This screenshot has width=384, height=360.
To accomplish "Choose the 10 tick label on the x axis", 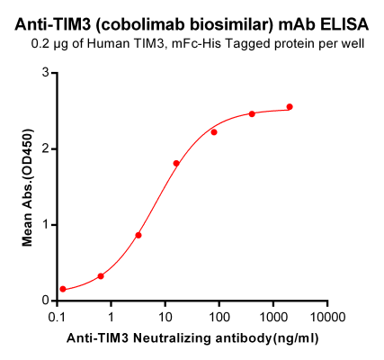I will (x=165, y=317).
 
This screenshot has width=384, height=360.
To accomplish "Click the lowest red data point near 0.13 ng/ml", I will (x=63, y=289).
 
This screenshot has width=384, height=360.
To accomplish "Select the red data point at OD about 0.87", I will (x=138, y=235).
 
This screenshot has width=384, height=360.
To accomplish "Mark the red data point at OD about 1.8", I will (x=176, y=164).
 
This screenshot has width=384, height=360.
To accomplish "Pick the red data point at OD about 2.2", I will (x=214, y=132).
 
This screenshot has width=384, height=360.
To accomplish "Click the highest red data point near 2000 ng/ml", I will (x=290, y=107).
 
